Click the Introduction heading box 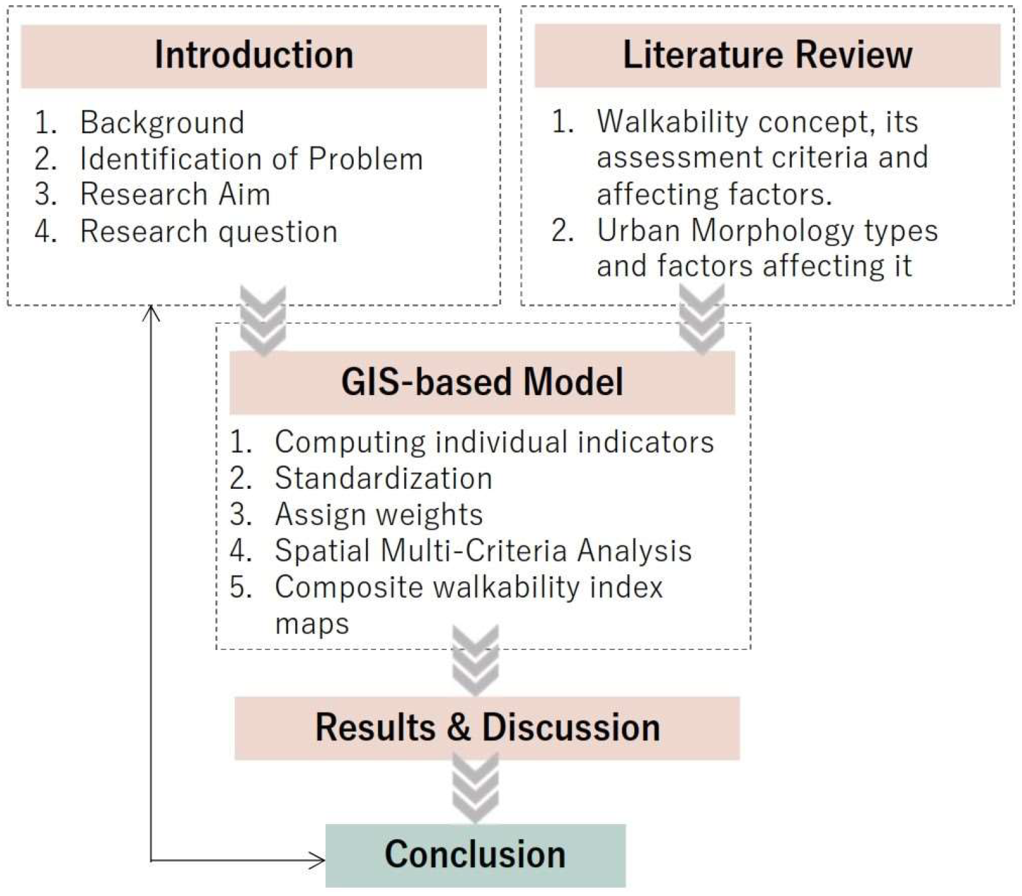[254, 56]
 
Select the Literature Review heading [767, 55]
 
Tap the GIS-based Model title [482, 382]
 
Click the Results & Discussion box [487, 728]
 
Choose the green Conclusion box [475, 855]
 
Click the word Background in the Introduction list [162, 122]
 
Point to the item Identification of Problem [251, 159]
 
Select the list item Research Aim [175, 194]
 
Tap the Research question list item [208, 231]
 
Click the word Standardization [383, 479]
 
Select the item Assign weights [379, 515]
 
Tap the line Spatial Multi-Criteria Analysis [483, 551]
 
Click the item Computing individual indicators [494, 442]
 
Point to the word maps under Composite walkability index [312, 624]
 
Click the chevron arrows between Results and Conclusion [475, 789]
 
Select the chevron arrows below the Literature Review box [702, 319]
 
